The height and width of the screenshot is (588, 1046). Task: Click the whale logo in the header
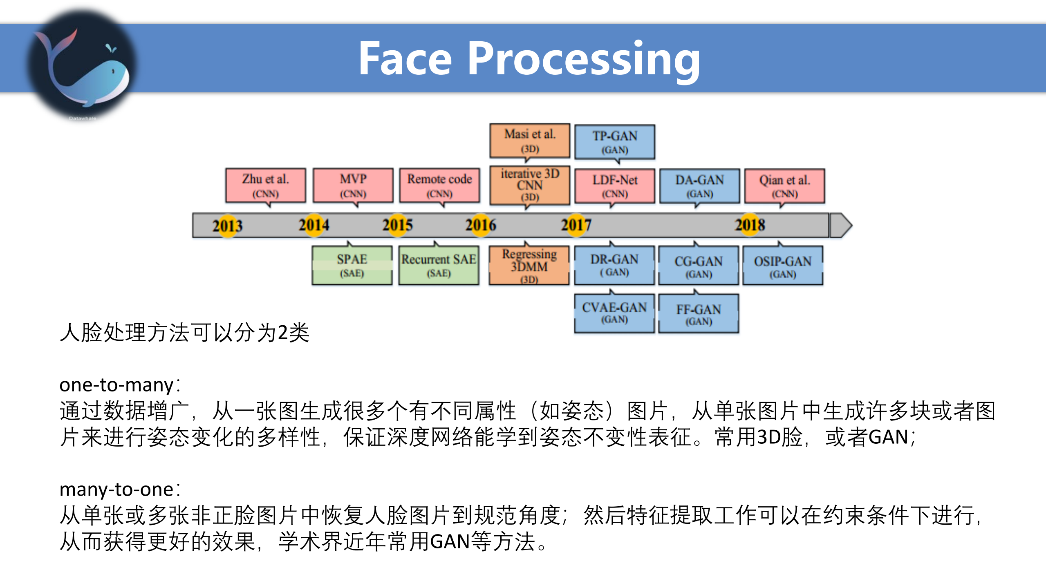pyautogui.click(x=82, y=65)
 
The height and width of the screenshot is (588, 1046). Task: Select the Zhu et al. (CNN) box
pyautogui.click(x=266, y=186)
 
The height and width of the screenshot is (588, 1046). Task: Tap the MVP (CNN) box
pyautogui.click(x=353, y=186)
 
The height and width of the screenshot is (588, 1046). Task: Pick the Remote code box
pyautogui.click(x=439, y=186)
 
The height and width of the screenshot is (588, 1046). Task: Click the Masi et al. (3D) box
pyautogui.click(x=530, y=141)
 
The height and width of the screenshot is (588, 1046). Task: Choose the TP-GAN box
pyautogui.click(x=615, y=142)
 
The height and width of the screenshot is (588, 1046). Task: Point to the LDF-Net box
pyautogui.click(x=615, y=186)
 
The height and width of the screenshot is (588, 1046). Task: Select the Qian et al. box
pyautogui.click(x=784, y=186)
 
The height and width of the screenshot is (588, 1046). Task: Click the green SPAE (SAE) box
pyautogui.click(x=352, y=265)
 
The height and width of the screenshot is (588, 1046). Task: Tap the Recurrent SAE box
pyautogui.click(x=439, y=265)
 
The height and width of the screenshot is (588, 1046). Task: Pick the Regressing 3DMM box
pyautogui.click(x=529, y=265)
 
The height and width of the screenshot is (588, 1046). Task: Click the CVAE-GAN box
pyautogui.click(x=614, y=313)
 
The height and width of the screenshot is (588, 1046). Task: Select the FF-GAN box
pyautogui.click(x=699, y=314)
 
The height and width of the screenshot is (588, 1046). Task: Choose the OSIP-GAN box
pyautogui.click(x=782, y=266)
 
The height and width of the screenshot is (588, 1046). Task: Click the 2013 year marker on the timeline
pyautogui.click(x=227, y=226)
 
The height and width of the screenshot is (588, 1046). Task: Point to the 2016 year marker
pyautogui.click(x=481, y=225)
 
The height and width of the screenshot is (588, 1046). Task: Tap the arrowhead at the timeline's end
pyautogui.click(x=842, y=225)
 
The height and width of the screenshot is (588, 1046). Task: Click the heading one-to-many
pyautogui.click(x=117, y=385)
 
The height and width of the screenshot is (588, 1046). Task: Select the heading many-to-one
pyautogui.click(x=117, y=490)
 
